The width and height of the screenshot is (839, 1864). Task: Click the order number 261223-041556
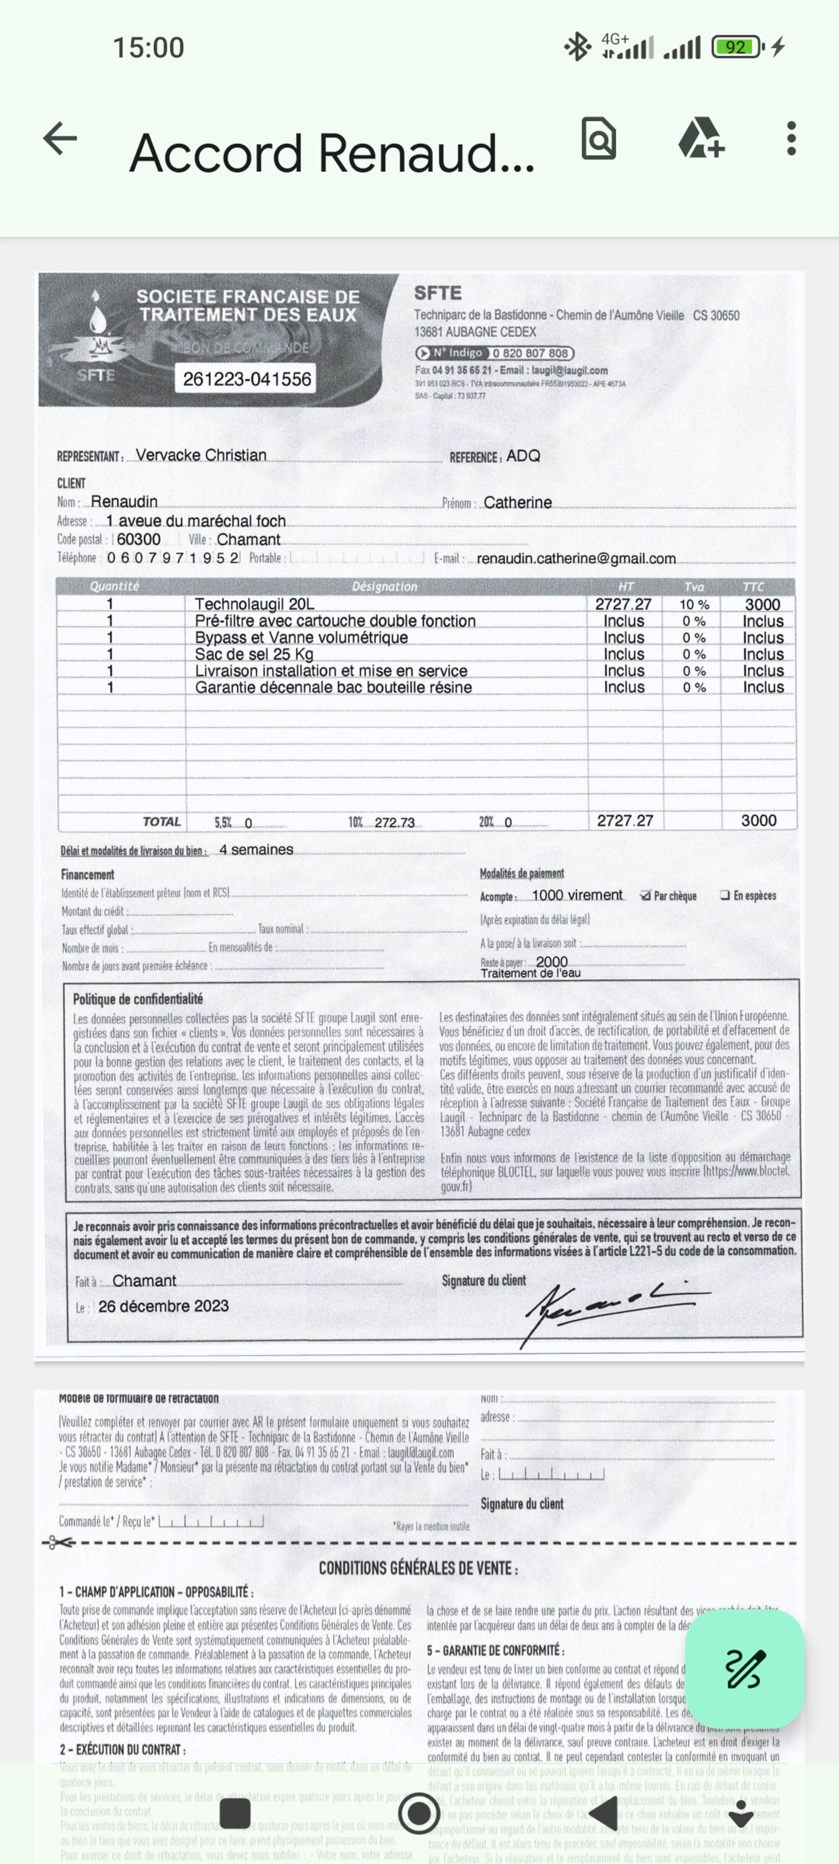click(247, 378)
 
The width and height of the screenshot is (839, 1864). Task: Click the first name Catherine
click(518, 502)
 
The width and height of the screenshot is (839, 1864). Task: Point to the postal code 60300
click(139, 539)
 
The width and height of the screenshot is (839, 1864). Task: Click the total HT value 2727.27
click(625, 820)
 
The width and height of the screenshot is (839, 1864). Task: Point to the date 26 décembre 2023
click(164, 1306)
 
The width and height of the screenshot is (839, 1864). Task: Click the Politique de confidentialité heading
click(138, 999)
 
